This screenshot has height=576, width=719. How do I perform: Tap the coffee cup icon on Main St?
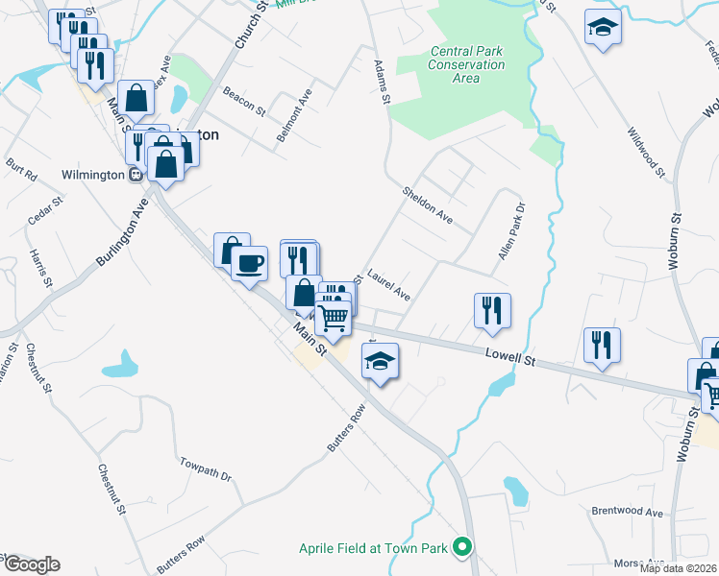pyautogui.click(x=250, y=262)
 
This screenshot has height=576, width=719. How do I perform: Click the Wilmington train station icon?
pyautogui.click(x=136, y=175)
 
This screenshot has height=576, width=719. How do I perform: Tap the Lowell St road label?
pyautogui.click(x=510, y=357)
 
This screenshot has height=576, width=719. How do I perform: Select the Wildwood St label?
pyautogui.click(x=646, y=153)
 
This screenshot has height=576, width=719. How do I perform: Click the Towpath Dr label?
pyautogui.click(x=206, y=468)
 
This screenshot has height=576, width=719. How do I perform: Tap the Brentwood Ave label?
pyautogui.click(x=627, y=513)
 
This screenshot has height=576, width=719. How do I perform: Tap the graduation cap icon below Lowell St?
pyautogui.click(x=380, y=361)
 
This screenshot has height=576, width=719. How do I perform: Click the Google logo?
pyautogui.click(x=31, y=564)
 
